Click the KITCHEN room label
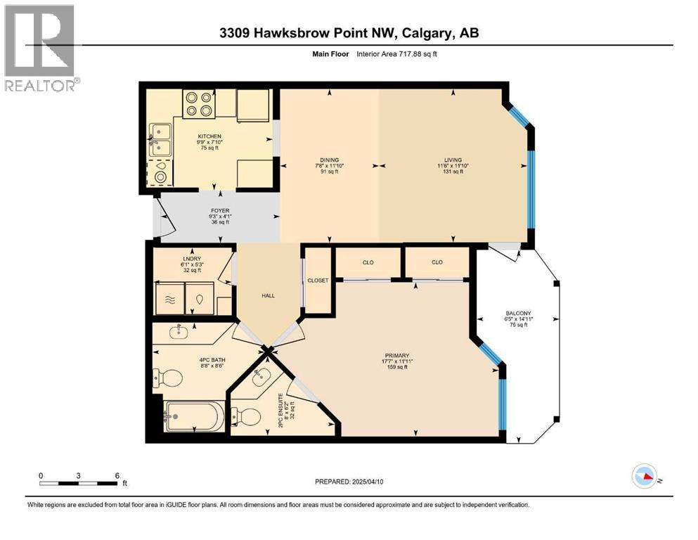209,136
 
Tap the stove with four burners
199,103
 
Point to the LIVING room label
452,160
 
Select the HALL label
268,295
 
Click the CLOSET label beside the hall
318,280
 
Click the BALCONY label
519,313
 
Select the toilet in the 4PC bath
169,379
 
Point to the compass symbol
645,476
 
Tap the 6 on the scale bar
117,475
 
